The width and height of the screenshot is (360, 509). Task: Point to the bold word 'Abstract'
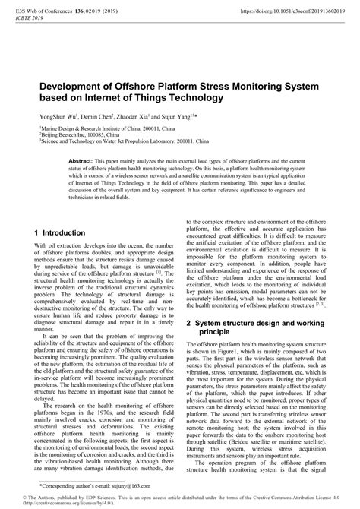[x=81, y=162]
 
